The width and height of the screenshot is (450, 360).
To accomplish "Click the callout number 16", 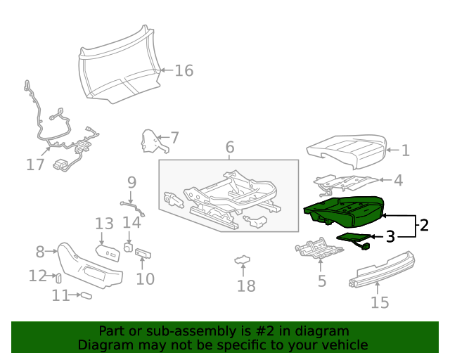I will pyautogui.click(x=184, y=70).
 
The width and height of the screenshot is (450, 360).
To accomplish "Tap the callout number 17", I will pyautogui.click(x=35, y=165).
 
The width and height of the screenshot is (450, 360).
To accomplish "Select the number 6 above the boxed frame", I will pyautogui.click(x=229, y=148).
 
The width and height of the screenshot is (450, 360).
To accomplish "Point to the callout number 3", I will pyautogui.click(x=390, y=237).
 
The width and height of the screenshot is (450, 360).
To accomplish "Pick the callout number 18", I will pyautogui.click(x=246, y=285).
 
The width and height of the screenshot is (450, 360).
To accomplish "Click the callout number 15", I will pyautogui.click(x=380, y=302).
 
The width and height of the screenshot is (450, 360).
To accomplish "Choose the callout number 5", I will pyautogui.click(x=322, y=281).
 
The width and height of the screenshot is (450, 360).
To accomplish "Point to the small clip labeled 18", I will pyautogui.click(x=243, y=261).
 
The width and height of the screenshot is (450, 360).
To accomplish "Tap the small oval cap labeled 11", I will pyautogui.click(x=86, y=296).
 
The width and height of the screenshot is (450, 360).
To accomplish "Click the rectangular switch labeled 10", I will pyautogui.click(x=143, y=253).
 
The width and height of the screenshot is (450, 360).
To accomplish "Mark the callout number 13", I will pyautogui.click(x=104, y=224).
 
